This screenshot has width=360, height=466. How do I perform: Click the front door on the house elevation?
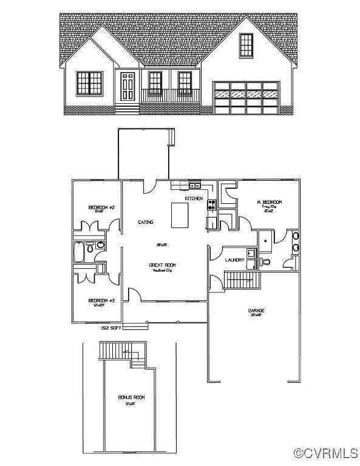pos(127,86)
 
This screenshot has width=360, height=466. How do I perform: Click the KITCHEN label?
pos(194,198)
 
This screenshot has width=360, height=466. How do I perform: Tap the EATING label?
pos(146,223)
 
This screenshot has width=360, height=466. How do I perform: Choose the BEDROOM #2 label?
pos(97,208)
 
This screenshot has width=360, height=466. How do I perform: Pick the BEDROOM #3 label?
pos(97,301)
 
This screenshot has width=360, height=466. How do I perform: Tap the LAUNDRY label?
pos(234,260)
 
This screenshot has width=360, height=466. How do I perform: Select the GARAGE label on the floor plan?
pos(256,311)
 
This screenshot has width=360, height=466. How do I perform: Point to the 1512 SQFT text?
pos(111,328)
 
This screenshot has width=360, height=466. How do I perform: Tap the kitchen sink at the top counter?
pos(194,184)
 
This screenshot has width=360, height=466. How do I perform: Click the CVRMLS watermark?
pos(325,453)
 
